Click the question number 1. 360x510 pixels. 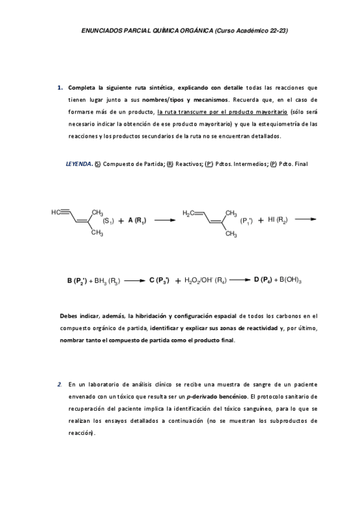click(59, 87)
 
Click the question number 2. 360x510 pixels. click(59, 384)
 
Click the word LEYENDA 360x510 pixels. click(79, 164)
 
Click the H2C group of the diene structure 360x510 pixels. click(190, 212)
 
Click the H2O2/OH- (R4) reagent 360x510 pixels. click(204, 280)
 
